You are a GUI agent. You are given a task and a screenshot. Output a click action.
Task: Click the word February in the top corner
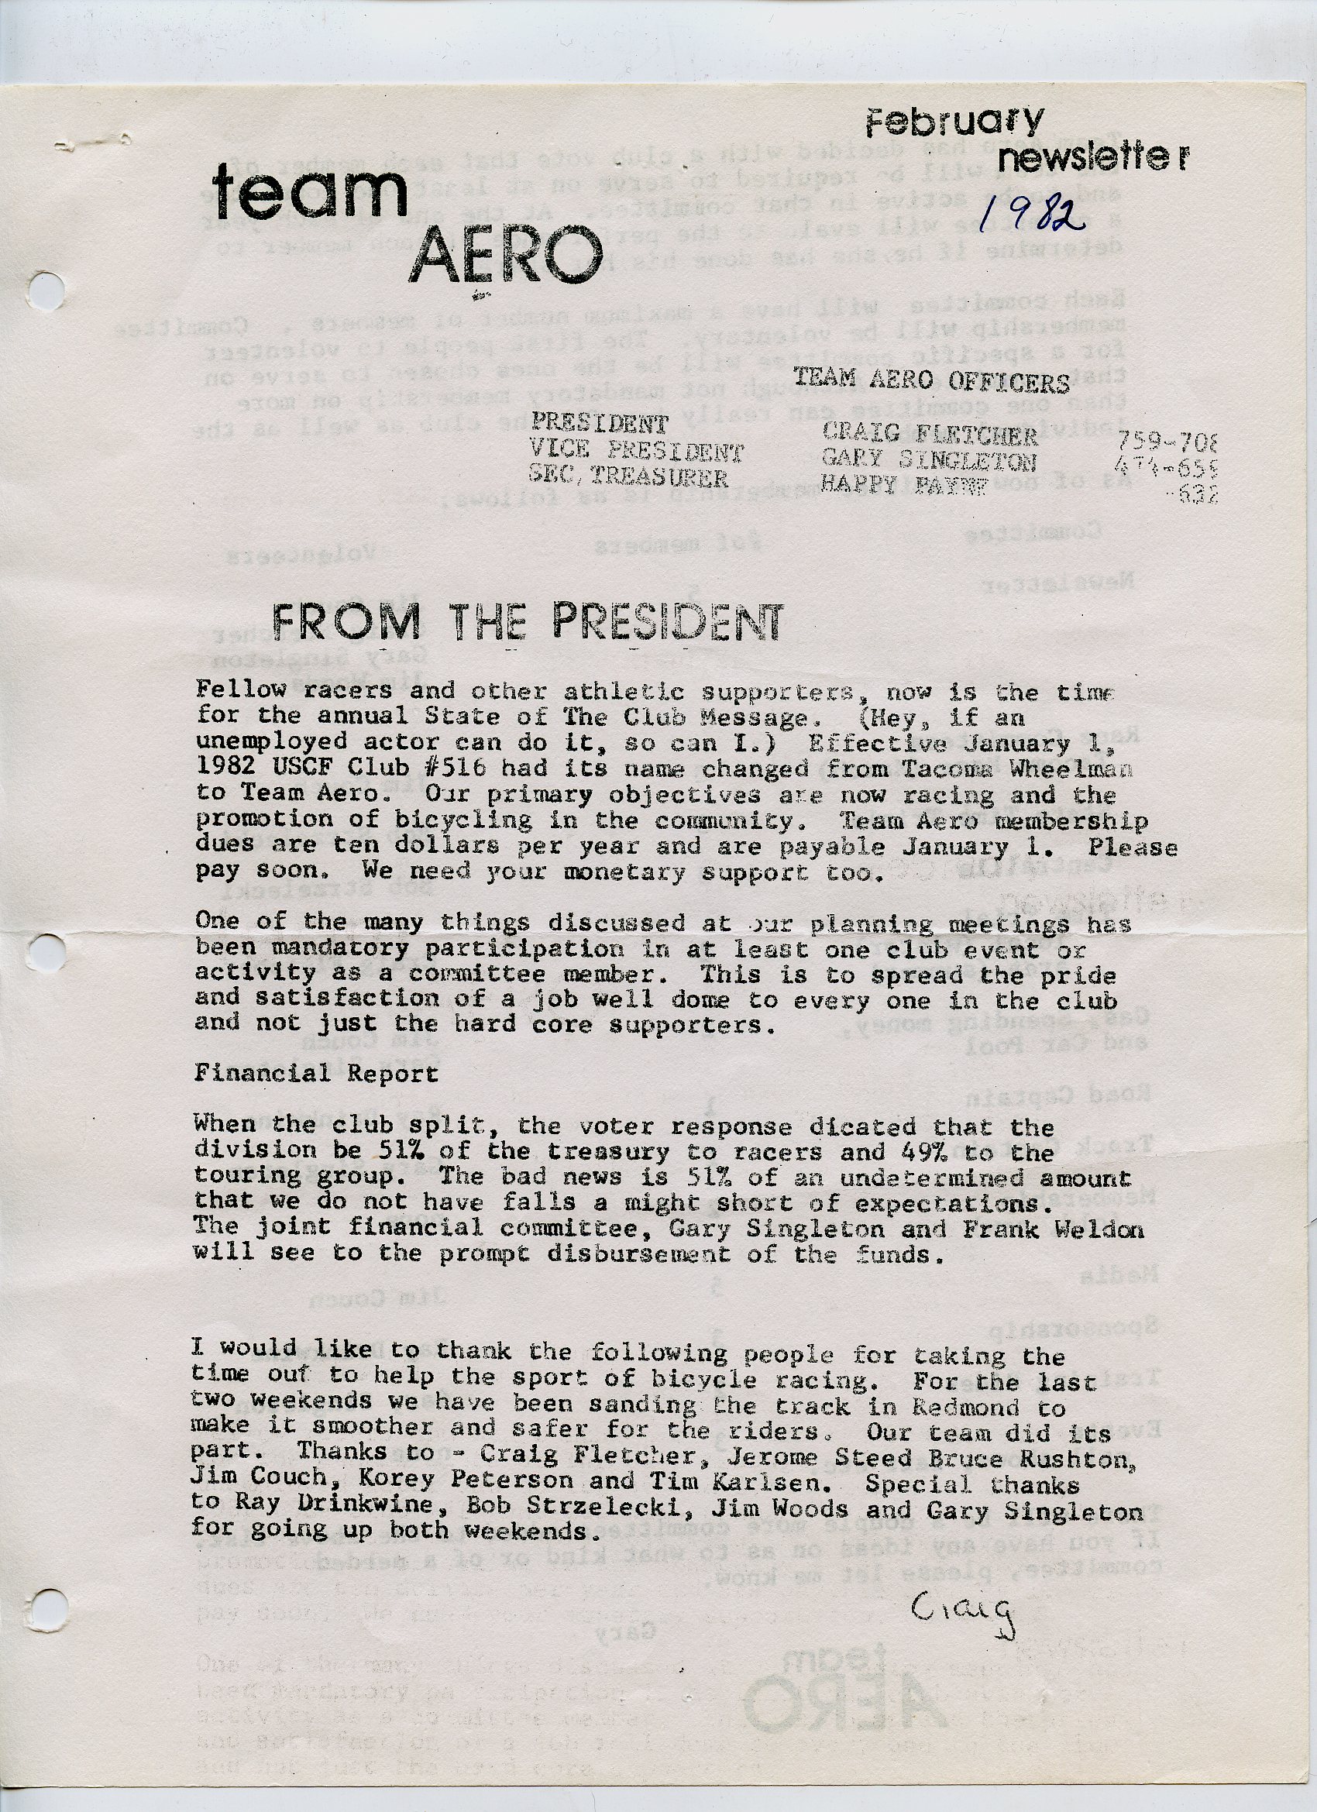click(954, 125)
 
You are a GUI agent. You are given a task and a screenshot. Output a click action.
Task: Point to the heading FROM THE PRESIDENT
click(528, 621)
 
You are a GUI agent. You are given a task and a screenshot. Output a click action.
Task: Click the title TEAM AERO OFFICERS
click(931, 382)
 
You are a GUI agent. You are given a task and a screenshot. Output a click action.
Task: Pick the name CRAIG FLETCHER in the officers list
click(930, 435)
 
